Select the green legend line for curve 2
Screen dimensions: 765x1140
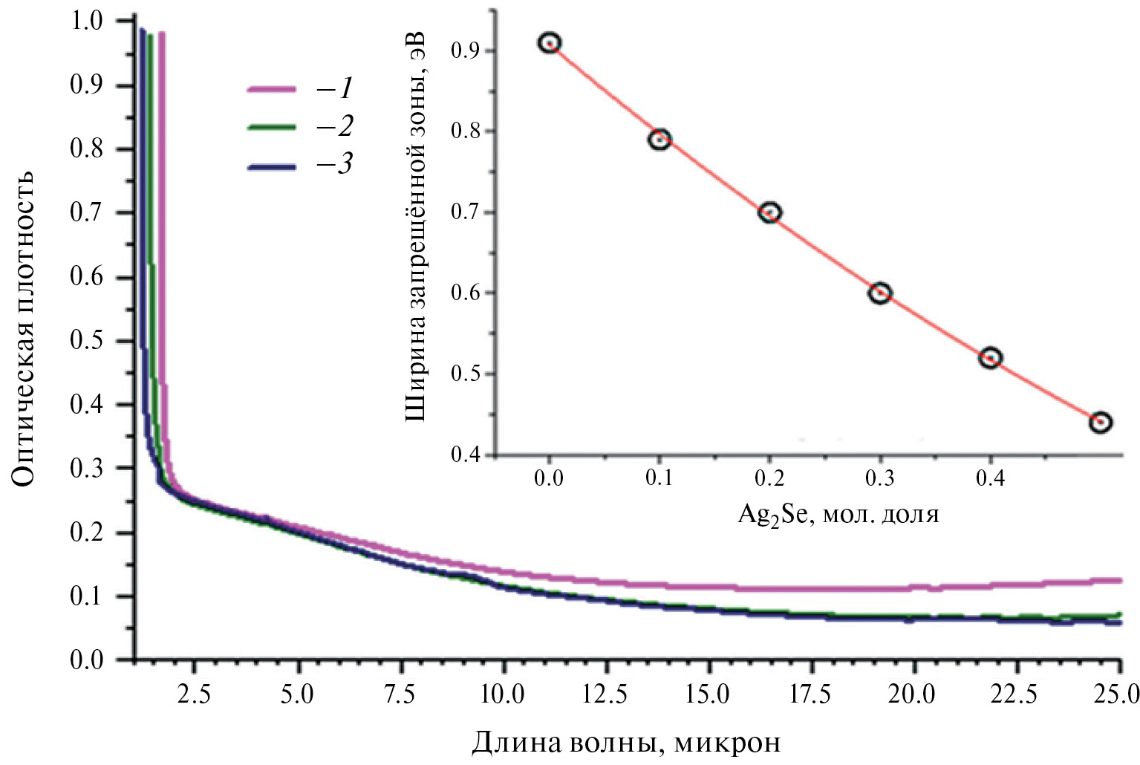click(271, 128)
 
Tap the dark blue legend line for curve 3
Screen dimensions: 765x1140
click(271, 167)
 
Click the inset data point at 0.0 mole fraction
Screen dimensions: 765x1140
click(550, 43)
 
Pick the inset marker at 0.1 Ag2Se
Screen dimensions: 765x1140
click(659, 140)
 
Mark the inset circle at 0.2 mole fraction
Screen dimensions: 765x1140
click(770, 213)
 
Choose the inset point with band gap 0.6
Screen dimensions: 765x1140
click(880, 293)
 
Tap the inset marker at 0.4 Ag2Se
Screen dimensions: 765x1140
click(990, 358)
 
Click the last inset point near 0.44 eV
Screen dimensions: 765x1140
click(1100, 423)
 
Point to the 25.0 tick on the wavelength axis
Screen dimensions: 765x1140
click(1118, 694)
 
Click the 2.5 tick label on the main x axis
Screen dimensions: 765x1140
click(193, 694)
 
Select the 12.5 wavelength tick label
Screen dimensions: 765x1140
click(605, 694)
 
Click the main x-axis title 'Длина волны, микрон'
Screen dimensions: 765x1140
click(626, 741)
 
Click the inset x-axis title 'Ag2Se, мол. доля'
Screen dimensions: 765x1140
click(838, 514)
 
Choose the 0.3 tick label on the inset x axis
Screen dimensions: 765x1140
click(880, 478)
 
